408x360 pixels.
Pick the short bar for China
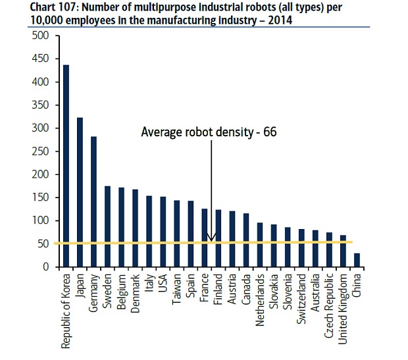coord(357,260)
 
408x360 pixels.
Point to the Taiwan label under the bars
coord(177,289)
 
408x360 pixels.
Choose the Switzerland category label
coord(301,299)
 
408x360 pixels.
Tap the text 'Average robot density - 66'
coord(209,132)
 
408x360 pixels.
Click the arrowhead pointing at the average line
coord(211,238)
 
